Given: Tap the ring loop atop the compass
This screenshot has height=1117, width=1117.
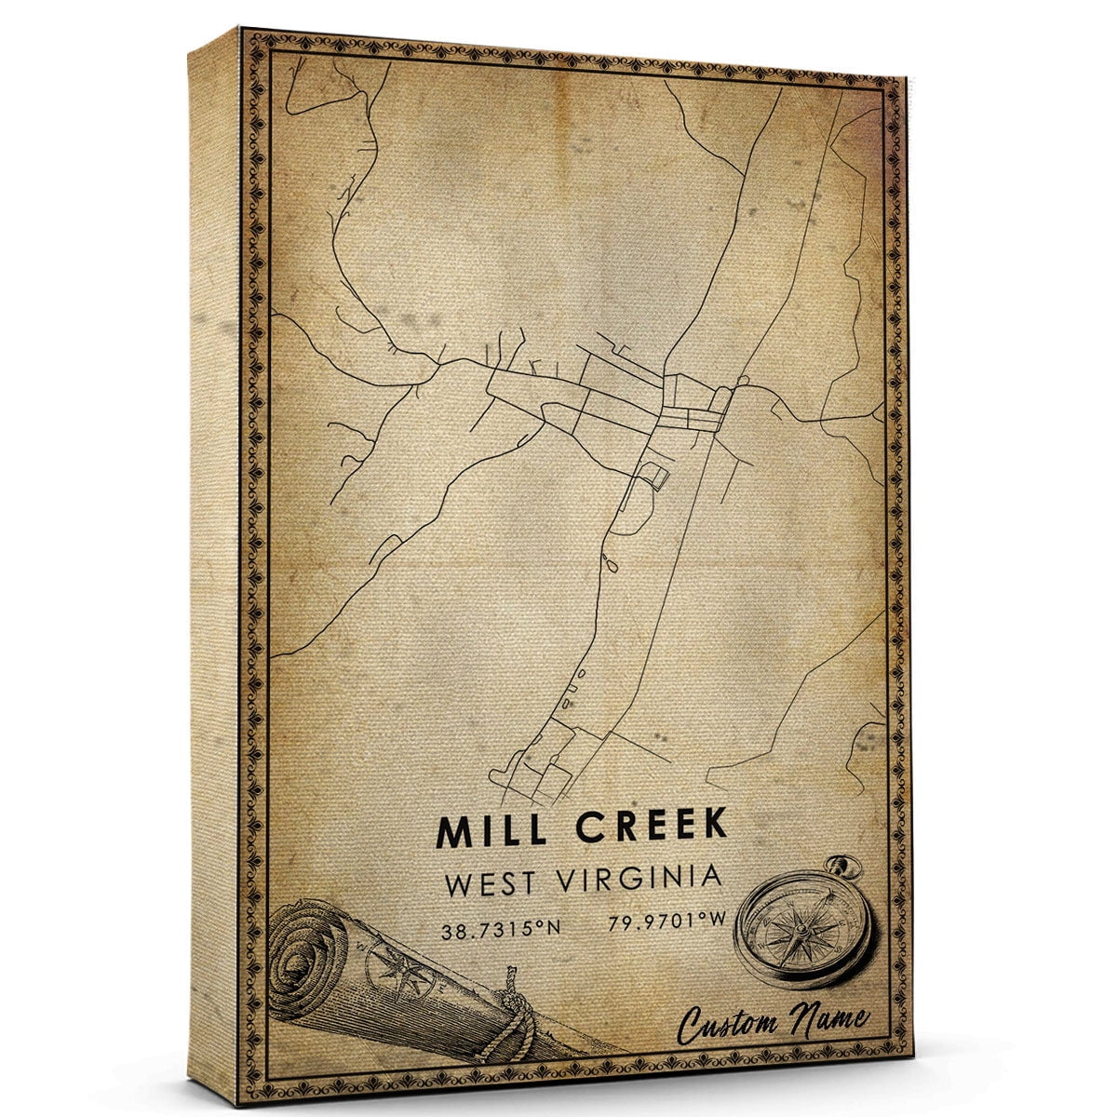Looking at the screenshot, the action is [846, 867].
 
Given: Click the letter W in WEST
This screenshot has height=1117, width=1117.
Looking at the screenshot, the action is [459, 884].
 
